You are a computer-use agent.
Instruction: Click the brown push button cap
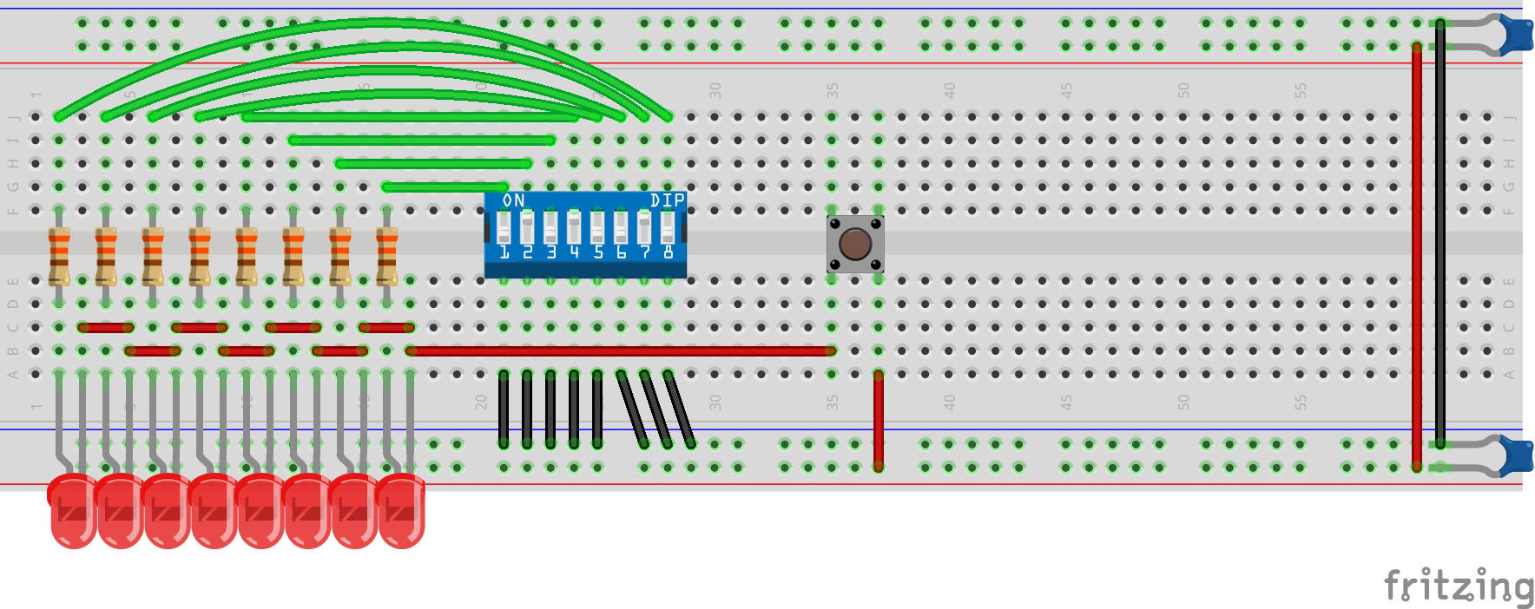[855, 244]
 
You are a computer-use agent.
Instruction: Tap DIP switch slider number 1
[504, 229]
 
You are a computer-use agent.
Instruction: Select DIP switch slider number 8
[667, 228]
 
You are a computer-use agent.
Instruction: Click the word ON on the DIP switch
[513, 200]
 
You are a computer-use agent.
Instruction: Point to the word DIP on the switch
[667, 200]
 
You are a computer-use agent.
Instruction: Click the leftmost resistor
[59, 256]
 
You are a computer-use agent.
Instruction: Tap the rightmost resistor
[387, 256]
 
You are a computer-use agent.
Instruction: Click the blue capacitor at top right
[1515, 35]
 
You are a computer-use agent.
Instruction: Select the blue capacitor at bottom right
[1515, 456]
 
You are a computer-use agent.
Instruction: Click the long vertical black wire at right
[1440, 234]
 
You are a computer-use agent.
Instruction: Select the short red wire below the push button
[879, 421]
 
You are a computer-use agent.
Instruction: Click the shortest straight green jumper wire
[445, 187]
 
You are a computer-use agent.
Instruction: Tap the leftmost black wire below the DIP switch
[504, 409]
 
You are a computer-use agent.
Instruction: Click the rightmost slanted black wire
[680, 409]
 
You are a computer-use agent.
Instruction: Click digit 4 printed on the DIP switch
[574, 252]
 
